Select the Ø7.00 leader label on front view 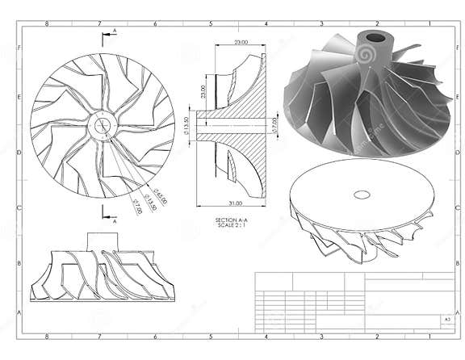click(138, 207)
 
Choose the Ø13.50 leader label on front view click(150, 200)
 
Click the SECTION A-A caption click(232, 220)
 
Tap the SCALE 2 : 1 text click(232, 225)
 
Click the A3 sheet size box click(446, 320)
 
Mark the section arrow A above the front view click(113, 31)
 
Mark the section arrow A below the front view click(113, 220)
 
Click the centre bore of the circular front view click(103, 124)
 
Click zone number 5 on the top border click(211, 23)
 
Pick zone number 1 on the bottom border click(432, 338)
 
